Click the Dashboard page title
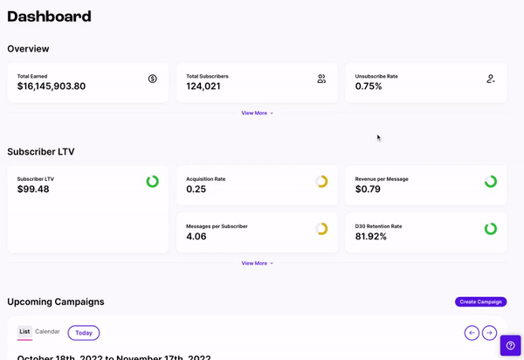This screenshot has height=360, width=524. [49, 17]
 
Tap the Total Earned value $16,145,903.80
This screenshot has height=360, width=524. [52, 87]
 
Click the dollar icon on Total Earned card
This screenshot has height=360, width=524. [153, 79]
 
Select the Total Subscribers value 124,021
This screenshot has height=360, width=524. [203, 87]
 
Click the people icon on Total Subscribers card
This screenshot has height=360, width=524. [321, 79]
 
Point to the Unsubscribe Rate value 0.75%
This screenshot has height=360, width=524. [369, 87]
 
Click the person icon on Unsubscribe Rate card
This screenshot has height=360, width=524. [491, 79]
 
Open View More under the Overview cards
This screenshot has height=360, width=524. [257, 113]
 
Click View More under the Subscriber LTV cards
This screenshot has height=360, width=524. [257, 263]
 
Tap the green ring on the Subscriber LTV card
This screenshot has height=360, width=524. [153, 182]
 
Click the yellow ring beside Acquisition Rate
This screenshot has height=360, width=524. [321, 182]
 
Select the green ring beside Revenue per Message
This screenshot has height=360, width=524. [491, 182]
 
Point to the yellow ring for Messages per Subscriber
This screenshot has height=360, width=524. [321, 229]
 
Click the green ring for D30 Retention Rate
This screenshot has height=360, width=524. [491, 229]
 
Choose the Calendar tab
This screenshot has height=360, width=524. [47, 332]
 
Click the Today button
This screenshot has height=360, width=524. [84, 333]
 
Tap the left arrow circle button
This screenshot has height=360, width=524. [472, 333]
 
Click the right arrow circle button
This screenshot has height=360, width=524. [490, 333]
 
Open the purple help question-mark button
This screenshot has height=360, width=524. [511, 345]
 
